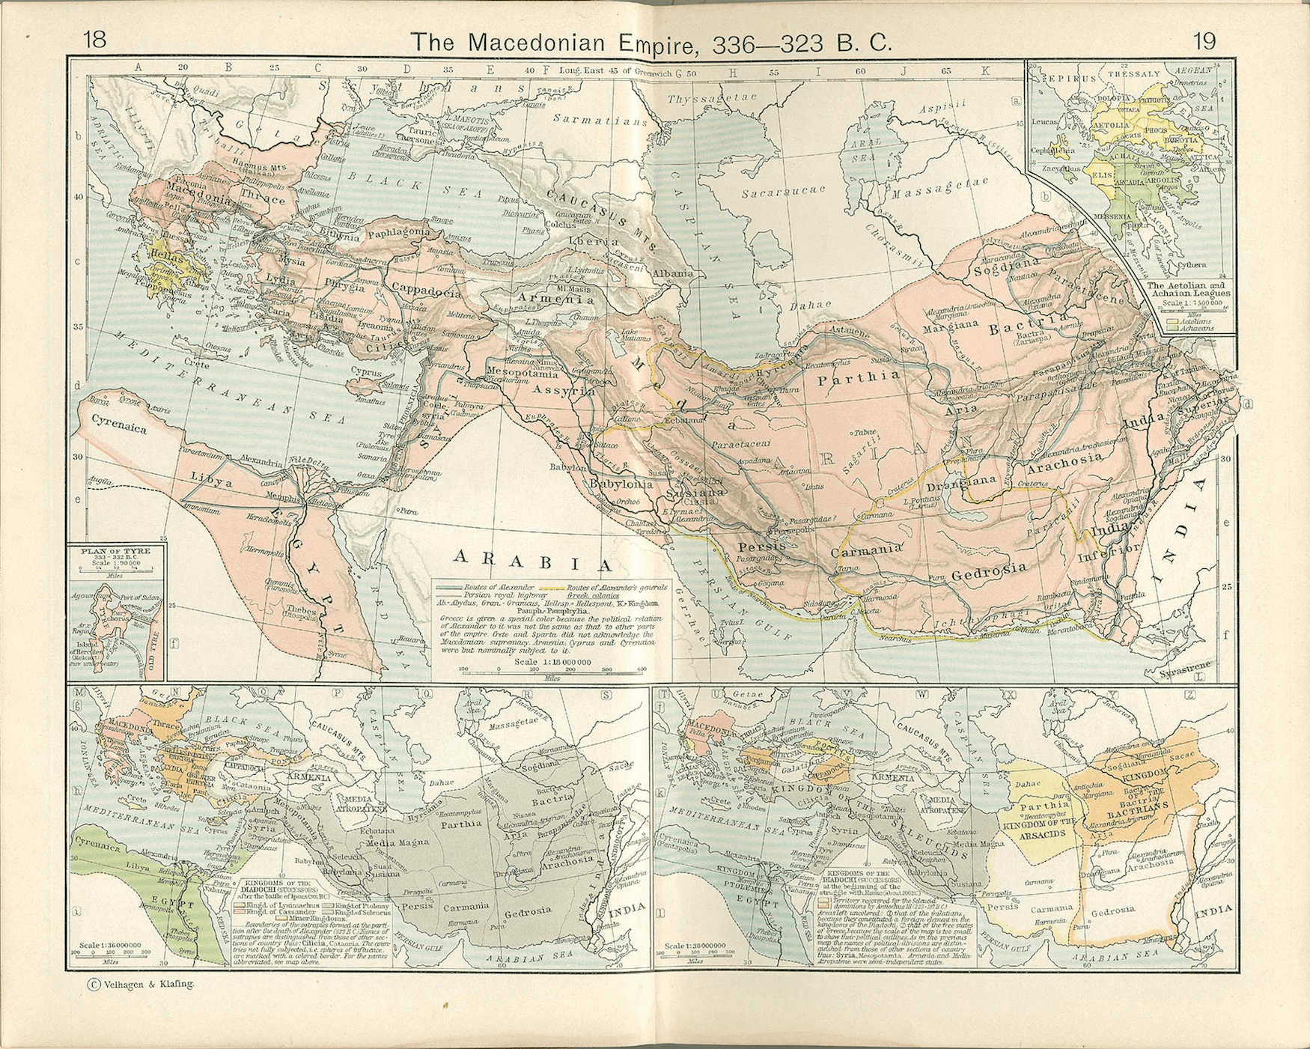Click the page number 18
[95, 40]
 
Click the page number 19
[1204, 40]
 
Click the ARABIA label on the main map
[532, 559]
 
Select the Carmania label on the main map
[865, 550]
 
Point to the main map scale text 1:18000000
[553, 662]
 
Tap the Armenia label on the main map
[561, 299]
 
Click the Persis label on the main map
[761, 546]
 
